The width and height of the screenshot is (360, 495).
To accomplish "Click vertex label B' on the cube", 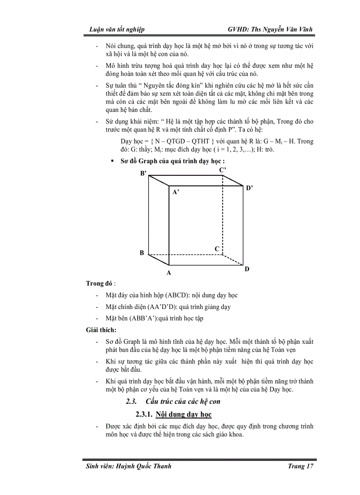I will (x=143, y=174).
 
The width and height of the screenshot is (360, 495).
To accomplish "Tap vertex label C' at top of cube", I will (x=223, y=170).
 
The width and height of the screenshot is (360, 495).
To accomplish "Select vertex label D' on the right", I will (x=249, y=188).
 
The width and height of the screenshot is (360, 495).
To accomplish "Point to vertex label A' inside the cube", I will (x=176, y=192).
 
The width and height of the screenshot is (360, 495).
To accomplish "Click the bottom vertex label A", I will (x=169, y=273).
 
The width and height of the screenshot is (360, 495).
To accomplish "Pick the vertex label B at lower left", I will (x=142, y=253).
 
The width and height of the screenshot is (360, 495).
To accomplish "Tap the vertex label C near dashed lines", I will (x=217, y=249).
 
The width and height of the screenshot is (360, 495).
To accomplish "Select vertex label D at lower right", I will (x=247, y=269).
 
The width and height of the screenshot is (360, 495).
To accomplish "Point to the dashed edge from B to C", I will (x=185, y=255).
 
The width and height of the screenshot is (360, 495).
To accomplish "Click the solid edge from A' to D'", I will (x=206, y=186).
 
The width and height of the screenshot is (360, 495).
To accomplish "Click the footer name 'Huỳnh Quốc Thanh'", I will (x=145, y=467).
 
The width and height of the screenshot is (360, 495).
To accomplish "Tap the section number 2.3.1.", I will (x=144, y=415).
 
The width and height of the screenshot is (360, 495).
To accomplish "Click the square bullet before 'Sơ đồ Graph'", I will (x=113, y=161).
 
